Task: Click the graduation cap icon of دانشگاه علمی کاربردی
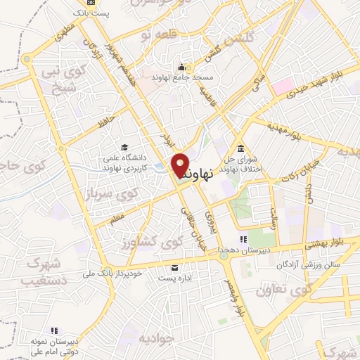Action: click(x=124, y=147)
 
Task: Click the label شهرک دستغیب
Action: click(x=29, y=272)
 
